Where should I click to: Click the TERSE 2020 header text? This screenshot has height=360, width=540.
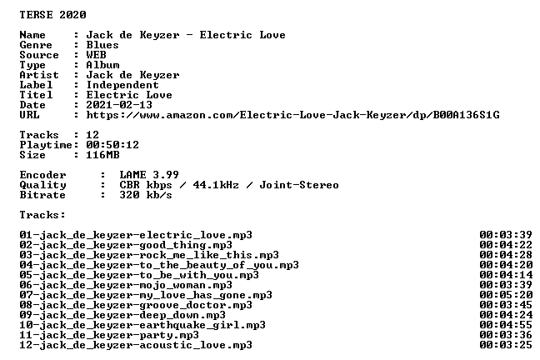[x=52, y=15]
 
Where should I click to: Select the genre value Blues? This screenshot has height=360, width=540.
[x=102, y=45]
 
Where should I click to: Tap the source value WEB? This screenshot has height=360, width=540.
[x=96, y=55]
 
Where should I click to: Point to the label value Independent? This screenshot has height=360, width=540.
[x=122, y=85]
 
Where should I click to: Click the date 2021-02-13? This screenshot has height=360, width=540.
[x=119, y=105]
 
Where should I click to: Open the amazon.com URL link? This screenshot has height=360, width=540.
[x=292, y=115]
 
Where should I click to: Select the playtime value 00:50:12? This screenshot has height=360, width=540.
[x=112, y=145]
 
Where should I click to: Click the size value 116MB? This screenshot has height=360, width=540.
[x=102, y=155]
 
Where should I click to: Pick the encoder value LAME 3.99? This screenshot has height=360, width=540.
[x=149, y=175]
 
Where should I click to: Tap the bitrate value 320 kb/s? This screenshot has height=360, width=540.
[x=146, y=195]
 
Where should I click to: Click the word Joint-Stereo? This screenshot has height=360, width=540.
[x=299, y=185]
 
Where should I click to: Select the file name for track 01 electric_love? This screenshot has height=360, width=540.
[x=136, y=235]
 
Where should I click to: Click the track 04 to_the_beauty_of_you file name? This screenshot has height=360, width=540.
[x=159, y=265]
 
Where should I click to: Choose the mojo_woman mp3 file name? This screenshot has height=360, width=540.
[x=126, y=285]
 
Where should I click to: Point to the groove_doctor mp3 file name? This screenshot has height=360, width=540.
[x=136, y=305]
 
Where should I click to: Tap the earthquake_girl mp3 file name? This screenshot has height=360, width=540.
[x=142, y=325]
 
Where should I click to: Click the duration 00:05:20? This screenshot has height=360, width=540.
[x=506, y=295]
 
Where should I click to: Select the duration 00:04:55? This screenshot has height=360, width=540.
[x=506, y=325]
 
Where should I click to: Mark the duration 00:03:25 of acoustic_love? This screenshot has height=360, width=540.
[x=506, y=345]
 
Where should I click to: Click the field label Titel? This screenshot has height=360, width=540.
[x=36, y=95]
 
